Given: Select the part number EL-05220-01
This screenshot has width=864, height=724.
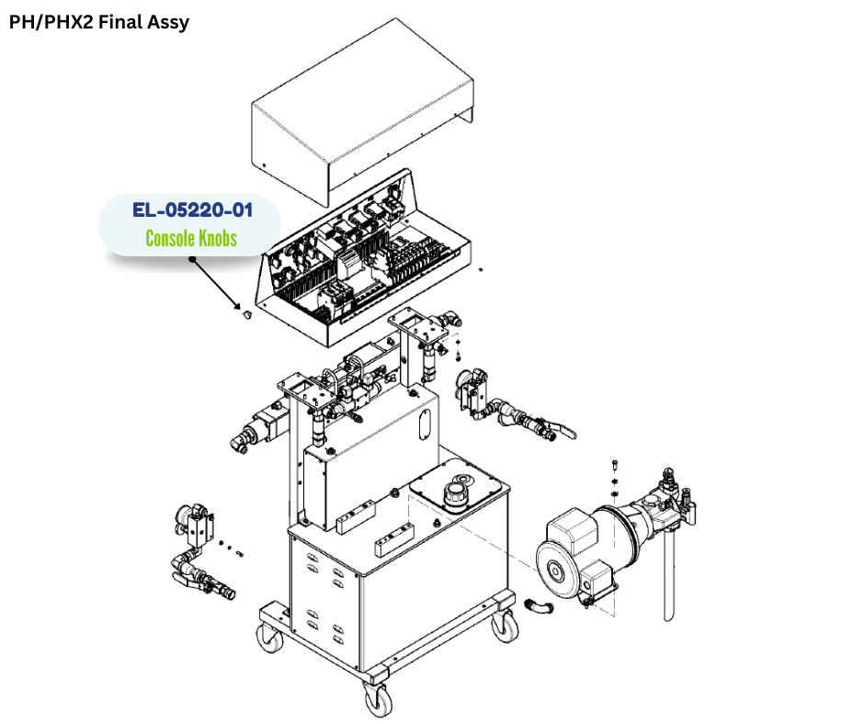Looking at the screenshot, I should (x=192, y=209).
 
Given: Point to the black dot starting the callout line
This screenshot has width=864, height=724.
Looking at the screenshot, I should (x=192, y=259).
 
